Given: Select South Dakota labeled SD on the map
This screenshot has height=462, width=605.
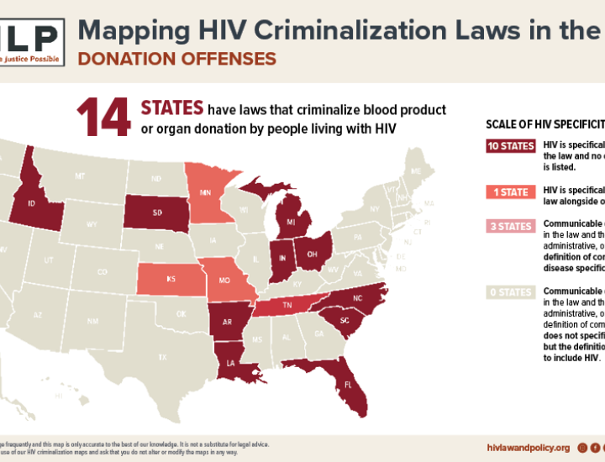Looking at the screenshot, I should [x=156, y=213].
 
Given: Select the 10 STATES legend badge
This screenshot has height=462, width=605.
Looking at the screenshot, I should [x=511, y=146].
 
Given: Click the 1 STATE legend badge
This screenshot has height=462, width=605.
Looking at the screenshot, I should [x=511, y=192].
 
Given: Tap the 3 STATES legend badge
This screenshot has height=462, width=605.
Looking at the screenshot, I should [x=511, y=226].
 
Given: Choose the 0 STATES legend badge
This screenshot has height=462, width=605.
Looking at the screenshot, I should [x=511, y=292].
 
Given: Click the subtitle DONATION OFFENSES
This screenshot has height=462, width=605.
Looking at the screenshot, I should [x=176, y=58].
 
